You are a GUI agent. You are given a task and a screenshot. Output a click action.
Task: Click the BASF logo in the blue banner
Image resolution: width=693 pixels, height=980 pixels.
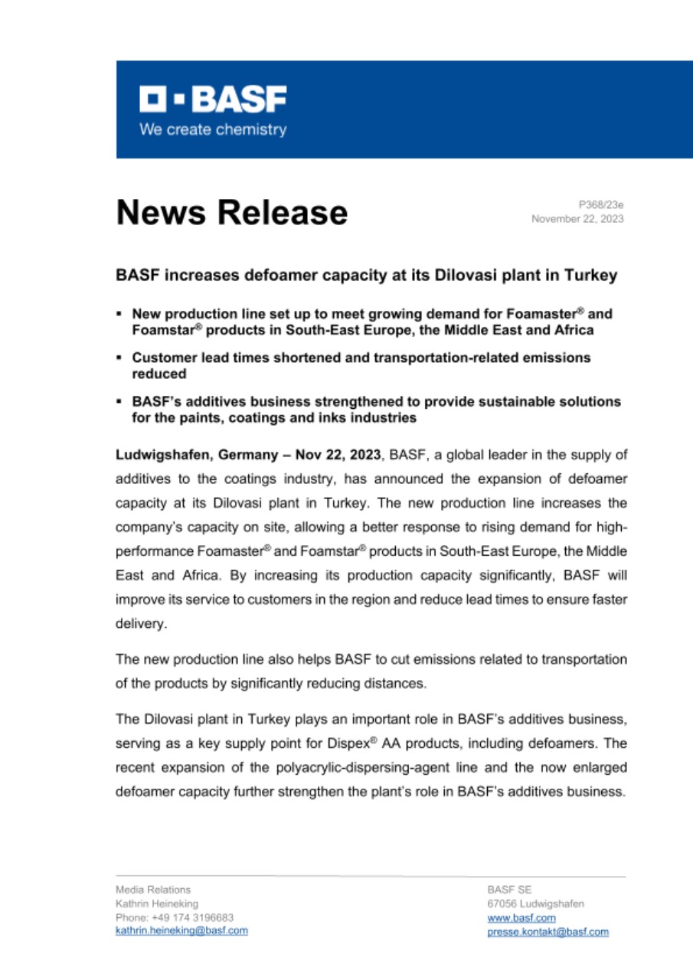213,99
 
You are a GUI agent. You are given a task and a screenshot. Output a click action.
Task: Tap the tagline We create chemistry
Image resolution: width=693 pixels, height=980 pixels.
213,129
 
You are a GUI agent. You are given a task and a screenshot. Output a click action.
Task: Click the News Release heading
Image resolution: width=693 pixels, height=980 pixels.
231,212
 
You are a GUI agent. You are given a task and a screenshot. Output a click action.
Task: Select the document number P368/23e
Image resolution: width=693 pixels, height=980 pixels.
601,204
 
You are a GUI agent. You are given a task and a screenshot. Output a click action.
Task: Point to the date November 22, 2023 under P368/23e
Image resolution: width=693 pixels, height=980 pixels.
577,219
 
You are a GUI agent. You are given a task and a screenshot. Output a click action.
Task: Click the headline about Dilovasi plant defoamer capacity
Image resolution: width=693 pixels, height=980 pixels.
366,276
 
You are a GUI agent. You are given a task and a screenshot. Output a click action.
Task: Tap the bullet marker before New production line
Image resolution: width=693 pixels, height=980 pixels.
119,314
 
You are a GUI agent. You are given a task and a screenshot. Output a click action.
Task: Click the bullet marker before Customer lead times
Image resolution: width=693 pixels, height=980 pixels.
119,358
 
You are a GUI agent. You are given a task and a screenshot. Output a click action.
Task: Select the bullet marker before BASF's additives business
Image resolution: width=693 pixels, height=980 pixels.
119,401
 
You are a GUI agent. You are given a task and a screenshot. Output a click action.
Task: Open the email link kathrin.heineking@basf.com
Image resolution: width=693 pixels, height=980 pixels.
181,930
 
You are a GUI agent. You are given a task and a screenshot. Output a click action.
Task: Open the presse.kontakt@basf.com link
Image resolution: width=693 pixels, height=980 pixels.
548,932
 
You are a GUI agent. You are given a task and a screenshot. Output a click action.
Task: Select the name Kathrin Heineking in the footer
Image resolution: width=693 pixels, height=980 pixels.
156,903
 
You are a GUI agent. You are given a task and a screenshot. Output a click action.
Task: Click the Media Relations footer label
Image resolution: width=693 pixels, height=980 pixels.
153,890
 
